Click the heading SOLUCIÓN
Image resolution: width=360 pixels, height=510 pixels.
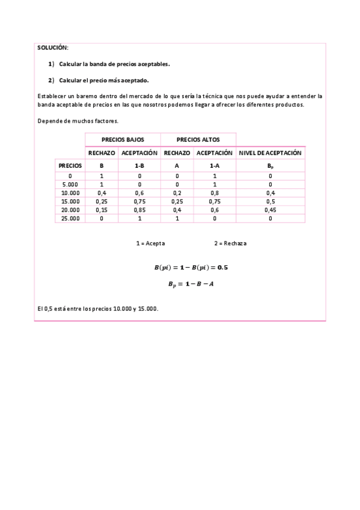click(x=53, y=47)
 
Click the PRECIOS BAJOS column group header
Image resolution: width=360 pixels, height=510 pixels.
click(x=123, y=140)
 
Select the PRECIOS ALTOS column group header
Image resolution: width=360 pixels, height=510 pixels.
click(x=198, y=140)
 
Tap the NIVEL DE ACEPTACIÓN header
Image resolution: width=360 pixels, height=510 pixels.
click(x=270, y=153)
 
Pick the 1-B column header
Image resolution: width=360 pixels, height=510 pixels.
click(x=139, y=165)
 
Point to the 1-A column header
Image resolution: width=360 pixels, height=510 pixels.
click(x=214, y=165)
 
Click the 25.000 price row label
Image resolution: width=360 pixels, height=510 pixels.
click(x=70, y=218)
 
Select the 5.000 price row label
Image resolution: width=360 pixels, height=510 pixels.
click(x=70, y=184)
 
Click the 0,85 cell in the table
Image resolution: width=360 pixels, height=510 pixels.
click(x=139, y=210)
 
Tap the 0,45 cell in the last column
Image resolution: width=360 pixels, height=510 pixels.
click(x=270, y=210)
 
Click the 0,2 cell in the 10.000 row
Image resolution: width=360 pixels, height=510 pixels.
click(x=177, y=192)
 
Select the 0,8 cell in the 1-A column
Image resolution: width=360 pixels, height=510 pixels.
click(x=214, y=192)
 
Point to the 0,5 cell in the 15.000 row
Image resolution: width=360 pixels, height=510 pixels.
click(x=270, y=201)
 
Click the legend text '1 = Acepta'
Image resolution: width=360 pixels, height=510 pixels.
click(x=150, y=244)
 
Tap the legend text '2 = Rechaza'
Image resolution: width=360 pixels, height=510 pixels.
click(x=230, y=244)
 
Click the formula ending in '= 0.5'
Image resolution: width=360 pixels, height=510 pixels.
click(x=191, y=267)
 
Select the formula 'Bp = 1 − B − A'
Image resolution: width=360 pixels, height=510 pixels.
click(x=191, y=284)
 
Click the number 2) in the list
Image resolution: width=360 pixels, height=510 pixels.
click(x=51, y=80)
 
